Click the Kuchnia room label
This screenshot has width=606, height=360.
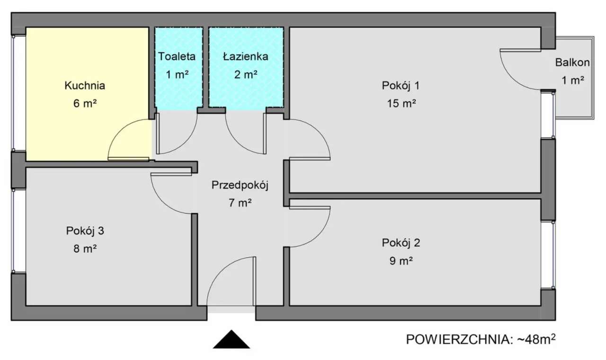[85, 86]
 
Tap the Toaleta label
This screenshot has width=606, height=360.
[177, 56]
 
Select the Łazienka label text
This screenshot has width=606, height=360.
[246, 56]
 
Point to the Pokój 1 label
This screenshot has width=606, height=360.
[401, 86]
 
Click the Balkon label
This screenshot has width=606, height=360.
[572, 62]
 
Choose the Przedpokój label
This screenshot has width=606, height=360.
[240, 185]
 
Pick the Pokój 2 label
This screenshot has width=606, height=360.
[401, 243]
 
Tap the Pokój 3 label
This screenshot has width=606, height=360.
[85, 231]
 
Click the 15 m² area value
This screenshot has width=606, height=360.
[401, 103]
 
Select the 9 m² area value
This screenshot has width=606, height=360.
[401, 261]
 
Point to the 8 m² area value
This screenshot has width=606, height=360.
[85, 249]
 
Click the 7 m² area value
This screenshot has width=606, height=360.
[240, 203]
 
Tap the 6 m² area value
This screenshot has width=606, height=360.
[85, 103]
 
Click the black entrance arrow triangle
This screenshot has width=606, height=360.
[231, 340]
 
